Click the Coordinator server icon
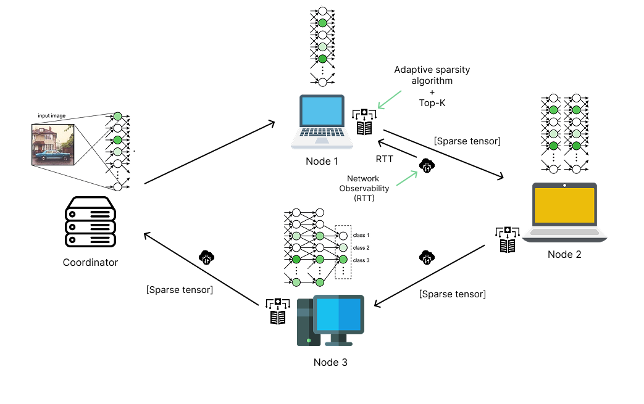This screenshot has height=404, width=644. (90, 221)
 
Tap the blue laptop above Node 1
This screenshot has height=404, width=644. (322, 122)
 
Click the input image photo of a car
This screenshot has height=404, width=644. (53, 143)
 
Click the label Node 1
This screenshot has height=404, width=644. (322, 162)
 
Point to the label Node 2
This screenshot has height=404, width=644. (564, 254)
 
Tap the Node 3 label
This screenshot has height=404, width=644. (330, 362)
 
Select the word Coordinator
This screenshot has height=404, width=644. (90, 262)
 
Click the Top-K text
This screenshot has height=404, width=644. (432, 103)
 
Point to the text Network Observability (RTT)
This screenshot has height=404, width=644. (363, 188)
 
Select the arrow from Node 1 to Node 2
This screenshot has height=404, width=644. (444, 154)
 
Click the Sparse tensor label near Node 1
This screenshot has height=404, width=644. (467, 141)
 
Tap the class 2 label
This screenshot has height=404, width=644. (361, 248)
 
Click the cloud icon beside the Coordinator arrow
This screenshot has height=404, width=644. (206, 257)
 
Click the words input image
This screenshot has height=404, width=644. (52, 115)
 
